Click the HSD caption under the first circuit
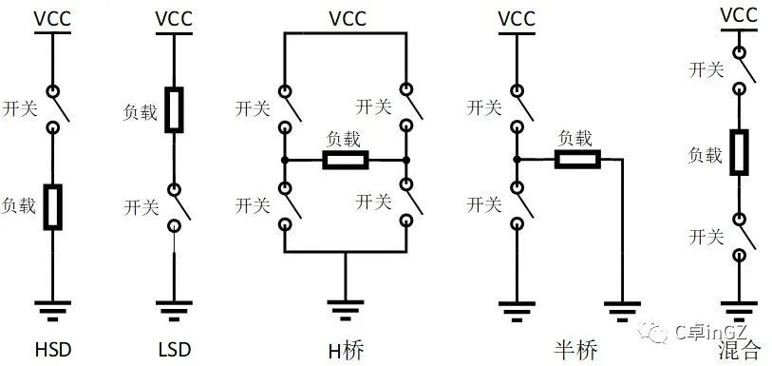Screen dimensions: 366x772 coord(53,350)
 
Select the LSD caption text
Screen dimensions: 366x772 coord(174,350)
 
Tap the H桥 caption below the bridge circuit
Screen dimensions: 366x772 coord(346,350)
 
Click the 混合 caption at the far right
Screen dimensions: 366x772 coord(739,350)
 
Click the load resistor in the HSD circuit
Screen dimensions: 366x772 coord(53,207)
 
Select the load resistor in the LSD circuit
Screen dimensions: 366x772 coord(174,109)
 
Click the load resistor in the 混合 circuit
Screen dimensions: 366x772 coord(739,153)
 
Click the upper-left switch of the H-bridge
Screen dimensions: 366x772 coord(286,108)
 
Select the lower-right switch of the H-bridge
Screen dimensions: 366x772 coord(405,202)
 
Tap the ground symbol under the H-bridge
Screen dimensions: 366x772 coord(346,309)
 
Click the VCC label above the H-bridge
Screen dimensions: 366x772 coord(346,18)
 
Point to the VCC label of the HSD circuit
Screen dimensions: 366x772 coord(53,18)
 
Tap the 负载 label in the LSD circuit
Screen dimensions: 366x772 coord(142,109)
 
